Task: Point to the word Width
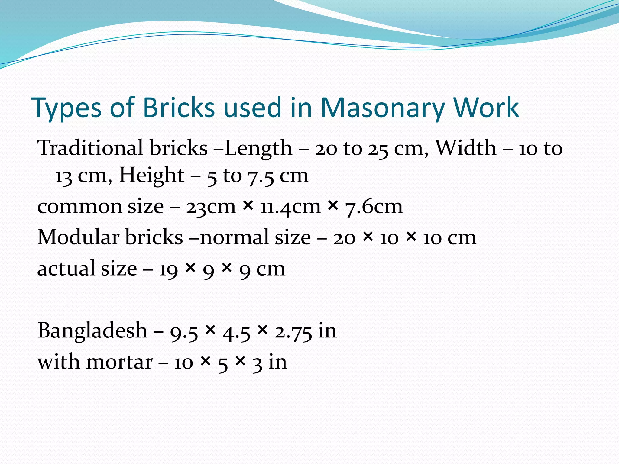tap(465, 148)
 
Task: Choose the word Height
tap(152, 175)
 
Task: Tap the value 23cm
tap(211, 207)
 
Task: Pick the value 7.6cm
tap(374, 207)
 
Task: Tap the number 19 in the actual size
tap(168, 269)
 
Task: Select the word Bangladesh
tap(92, 330)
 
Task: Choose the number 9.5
tap(184, 331)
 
